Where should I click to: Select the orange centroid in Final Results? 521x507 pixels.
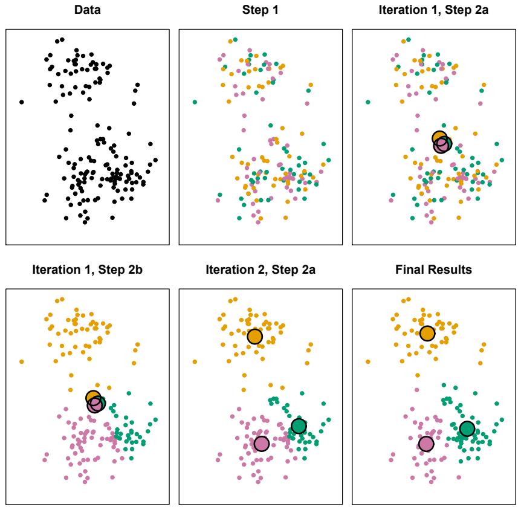[427, 334]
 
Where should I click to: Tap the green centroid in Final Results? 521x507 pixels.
[467, 429]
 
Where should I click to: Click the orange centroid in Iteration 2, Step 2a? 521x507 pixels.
[255, 337]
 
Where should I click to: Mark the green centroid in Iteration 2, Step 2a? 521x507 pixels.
[299, 426]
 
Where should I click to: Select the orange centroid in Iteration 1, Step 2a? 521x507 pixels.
[440, 138]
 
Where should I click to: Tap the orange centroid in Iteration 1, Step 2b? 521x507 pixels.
[93, 398]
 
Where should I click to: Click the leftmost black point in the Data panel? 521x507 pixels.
[22, 102]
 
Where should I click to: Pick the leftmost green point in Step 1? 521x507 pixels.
[195, 102]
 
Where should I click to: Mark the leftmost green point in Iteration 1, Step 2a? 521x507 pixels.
[368, 102]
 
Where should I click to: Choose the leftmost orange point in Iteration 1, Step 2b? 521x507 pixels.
[22, 362]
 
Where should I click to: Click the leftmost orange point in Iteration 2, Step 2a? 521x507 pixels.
[195, 362]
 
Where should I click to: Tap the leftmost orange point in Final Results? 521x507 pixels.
[368, 362]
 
